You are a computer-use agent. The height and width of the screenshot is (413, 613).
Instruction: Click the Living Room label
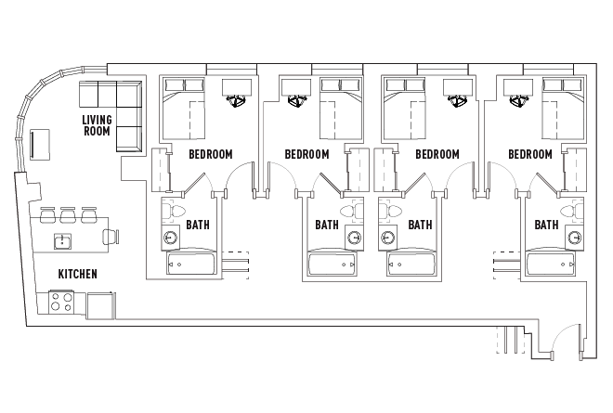[x=97, y=125]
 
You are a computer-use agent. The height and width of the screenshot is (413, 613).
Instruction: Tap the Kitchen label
[x=77, y=274]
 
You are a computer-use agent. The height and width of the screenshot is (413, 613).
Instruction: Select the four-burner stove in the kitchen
[x=61, y=302]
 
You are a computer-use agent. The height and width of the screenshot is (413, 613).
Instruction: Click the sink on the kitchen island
[x=62, y=241]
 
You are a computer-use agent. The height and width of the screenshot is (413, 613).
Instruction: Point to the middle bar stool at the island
[x=68, y=215]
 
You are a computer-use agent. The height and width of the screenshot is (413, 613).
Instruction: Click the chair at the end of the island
[x=111, y=237]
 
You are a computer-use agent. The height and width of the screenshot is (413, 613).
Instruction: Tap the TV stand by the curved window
[x=40, y=145]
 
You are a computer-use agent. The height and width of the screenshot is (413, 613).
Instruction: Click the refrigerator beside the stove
[x=101, y=305]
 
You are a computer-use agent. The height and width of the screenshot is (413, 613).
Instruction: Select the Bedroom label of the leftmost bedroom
[x=210, y=154]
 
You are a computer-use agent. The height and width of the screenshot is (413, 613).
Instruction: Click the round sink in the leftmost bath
[x=171, y=238]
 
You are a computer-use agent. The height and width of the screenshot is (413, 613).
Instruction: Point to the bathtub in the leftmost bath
[x=191, y=264]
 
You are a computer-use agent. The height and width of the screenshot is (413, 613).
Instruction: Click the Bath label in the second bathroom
[x=327, y=225]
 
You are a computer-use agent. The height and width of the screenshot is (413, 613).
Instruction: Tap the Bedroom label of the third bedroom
[x=437, y=154]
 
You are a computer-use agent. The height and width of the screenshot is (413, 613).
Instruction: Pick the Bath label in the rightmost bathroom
[x=546, y=225]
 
